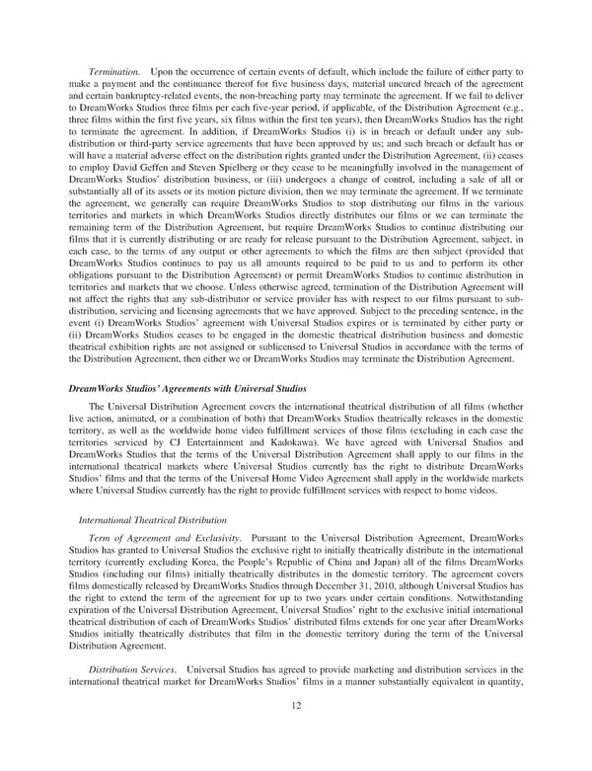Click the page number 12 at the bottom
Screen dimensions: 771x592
(x=296, y=732)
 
